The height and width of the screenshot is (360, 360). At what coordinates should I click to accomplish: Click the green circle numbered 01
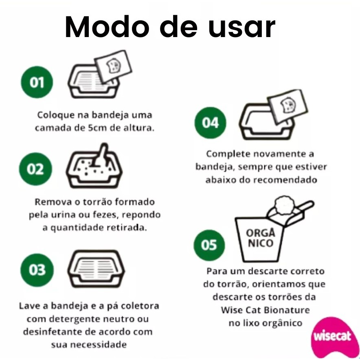click(37, 82)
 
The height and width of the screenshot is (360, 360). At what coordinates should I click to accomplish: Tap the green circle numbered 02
click(35, 169)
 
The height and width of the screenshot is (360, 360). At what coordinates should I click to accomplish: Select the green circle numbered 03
click(37, 270)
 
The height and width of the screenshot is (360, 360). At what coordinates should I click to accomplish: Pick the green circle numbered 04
click(210, 123)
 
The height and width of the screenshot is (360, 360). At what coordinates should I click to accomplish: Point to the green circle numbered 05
click(209, 245)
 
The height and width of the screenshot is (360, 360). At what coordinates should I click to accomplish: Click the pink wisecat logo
click(332, 337)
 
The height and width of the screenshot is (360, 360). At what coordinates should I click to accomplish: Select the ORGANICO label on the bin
click(260, 238)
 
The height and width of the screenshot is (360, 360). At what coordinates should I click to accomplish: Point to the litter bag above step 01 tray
click(113, 66)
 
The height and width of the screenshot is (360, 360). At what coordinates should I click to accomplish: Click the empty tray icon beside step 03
click(96, 269)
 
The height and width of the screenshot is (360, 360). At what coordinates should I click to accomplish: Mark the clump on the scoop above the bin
click(284, 205)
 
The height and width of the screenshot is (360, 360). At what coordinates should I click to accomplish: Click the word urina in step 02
click(63, 215)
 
